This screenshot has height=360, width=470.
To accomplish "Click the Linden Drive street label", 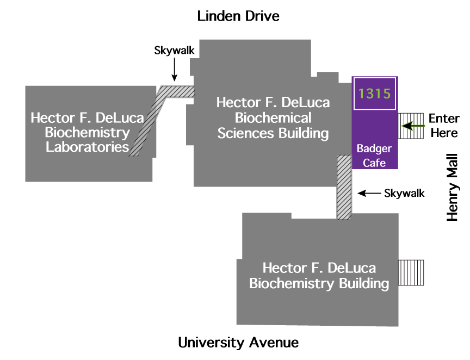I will (238, 16).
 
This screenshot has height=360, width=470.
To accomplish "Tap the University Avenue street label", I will (238, 343).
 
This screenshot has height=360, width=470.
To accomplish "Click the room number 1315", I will (375, 94).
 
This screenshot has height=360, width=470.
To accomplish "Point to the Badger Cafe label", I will (374, 156).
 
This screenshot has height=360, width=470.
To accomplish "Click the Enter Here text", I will (443, 126).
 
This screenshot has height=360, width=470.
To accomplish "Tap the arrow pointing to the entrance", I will (413, 126).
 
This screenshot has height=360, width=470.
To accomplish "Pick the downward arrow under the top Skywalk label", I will (174, 70).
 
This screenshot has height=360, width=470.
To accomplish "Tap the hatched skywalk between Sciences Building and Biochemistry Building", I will (344, 188).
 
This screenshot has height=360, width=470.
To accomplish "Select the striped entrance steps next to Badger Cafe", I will (411, 127).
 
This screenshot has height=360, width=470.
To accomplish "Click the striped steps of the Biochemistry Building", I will (411, 272).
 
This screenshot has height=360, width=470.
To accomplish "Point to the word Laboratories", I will (87, 147).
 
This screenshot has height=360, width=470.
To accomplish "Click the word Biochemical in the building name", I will (273, 118).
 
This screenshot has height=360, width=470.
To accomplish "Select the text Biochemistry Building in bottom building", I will (319, 283).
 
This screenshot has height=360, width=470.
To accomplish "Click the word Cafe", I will (374, 163).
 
